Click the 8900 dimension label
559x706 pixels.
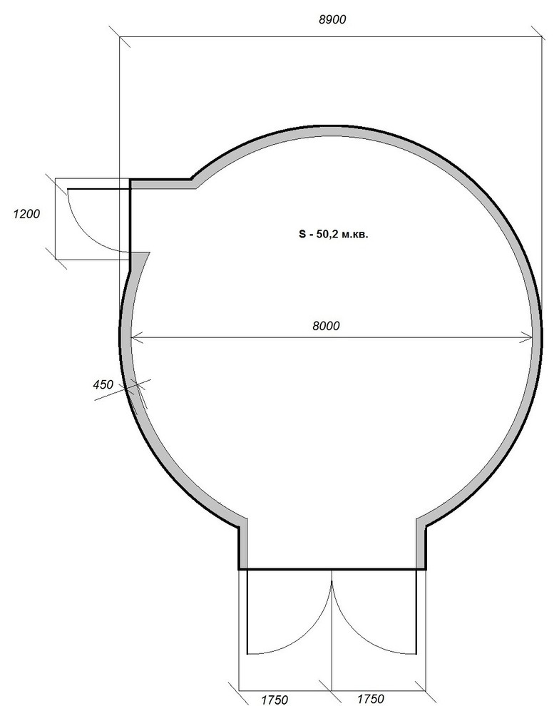click(x=332, y=19)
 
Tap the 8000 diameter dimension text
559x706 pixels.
click(x=326, y=325)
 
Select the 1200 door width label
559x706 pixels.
click(x=26, y=214)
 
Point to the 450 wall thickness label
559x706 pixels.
click(x=103, y=384)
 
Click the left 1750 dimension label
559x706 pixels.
click(x=275, y=700)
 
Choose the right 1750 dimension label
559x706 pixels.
click(x=371, y=698)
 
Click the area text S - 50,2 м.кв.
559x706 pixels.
click(x=334, y=234)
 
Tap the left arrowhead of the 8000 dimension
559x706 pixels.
click(x=136, y=338)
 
